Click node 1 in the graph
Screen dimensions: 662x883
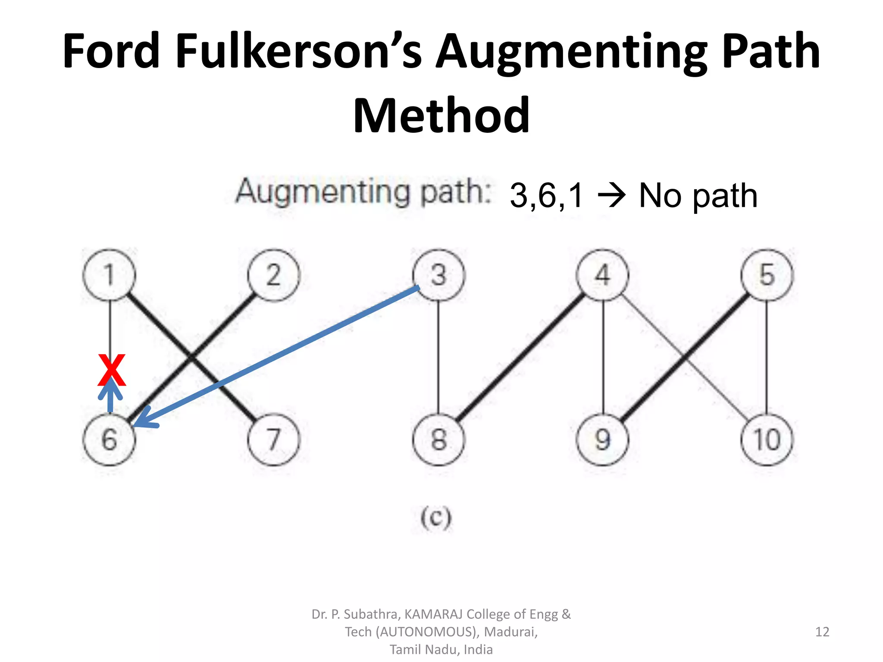tap(109, 275)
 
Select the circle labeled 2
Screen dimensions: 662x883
tap(273, 275)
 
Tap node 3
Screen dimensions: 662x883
tap(438, 275)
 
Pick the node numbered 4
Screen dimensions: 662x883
tap(603, 275)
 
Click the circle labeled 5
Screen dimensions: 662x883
tap(767, 275)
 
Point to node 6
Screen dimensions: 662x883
tap(109, 440)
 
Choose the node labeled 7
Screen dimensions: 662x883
tap(273, 440)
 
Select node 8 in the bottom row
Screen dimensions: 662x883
tap(438, 440)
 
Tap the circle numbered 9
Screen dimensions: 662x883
tap(603, 440)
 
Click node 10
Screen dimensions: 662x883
tap(767, 440)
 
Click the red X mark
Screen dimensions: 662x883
tap(112, 370)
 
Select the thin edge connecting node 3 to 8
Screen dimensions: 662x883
tap(438, 358)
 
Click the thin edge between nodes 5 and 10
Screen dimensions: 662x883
tap(767, 358)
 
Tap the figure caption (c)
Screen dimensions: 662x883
tap(436, 517)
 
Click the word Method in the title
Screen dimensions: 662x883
tap(441, 116)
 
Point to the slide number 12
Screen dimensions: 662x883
tap(822, 632)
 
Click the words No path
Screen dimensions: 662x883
tap(698, 196)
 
